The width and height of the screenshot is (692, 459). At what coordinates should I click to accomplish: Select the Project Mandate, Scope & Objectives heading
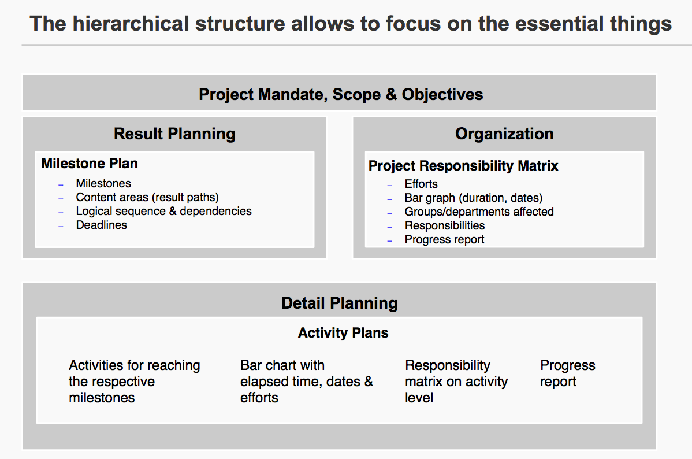coord(341,95)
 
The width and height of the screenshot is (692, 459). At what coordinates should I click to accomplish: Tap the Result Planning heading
coord(175,134)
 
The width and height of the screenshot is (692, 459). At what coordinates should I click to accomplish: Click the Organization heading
coord(504,134)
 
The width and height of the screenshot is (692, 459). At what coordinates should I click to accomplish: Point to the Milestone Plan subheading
coord(90,164)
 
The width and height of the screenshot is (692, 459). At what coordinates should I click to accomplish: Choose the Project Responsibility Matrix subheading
coord(463,166)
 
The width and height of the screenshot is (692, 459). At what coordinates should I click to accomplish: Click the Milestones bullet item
coord(103,183)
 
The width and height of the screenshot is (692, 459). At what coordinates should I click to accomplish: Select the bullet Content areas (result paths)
coord(147,198)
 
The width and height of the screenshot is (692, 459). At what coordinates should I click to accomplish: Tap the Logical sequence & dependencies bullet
coord(163,211)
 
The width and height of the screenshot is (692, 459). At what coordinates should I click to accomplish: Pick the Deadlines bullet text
coord(102,225)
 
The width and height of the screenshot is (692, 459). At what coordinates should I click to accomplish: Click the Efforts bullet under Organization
coord(421,184)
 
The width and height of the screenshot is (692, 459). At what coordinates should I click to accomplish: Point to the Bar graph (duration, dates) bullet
coord(474,198)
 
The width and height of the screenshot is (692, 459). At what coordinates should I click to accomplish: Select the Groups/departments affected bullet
coord(479,212)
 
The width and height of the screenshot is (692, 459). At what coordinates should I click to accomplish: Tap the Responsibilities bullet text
coord(445,226)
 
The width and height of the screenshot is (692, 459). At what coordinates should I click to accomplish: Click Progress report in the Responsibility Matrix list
coord(444,239)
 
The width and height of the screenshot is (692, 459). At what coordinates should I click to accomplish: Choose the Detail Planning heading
coord(340,303)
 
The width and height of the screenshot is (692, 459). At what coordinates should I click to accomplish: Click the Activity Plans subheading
coord(343,332)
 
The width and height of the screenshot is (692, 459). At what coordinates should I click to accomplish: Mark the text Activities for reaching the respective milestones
coord(135,382)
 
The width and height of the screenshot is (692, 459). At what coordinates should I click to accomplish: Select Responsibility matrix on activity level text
coord(456,382)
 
